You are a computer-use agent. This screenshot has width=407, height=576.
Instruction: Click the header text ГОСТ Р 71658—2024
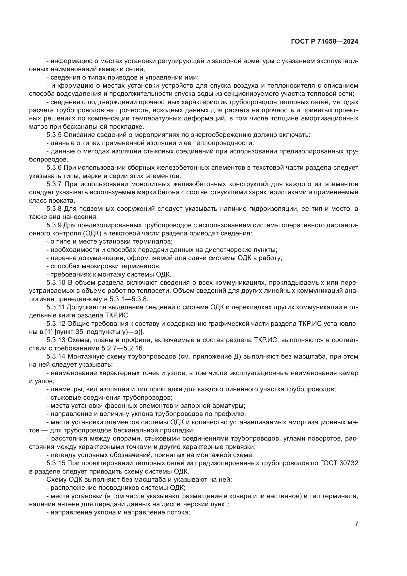(325, 42)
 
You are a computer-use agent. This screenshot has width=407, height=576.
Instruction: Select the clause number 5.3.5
(54, 135)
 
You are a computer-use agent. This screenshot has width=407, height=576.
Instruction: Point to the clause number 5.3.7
(54, 184)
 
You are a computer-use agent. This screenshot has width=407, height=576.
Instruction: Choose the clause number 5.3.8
(54, 209)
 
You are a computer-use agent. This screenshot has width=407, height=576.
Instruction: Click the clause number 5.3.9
(54, 225)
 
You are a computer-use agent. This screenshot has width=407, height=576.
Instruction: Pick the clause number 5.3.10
(56, 282)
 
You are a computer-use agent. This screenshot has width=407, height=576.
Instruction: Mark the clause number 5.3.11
(56, 307)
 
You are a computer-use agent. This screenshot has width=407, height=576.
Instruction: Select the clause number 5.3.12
(56, 324)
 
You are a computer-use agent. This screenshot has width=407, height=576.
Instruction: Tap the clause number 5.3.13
(56, 340)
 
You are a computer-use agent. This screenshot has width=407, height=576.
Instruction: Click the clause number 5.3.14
(56, 357)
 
